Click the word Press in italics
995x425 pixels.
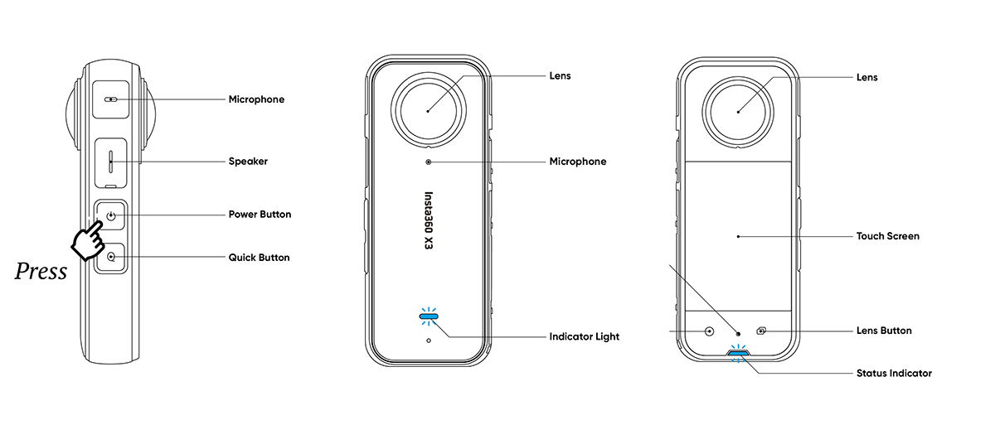pyautogui.click(x=41, y=272)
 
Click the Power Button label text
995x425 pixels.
pyautogui.click(x=260, y=214)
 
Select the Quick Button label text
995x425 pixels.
pyautogui.click(x=259, y=258)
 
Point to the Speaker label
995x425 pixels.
pyautogui.click(x=248, y=162)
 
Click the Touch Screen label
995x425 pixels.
pyautogui.click(x=887, y=236)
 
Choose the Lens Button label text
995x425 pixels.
pyautogui.click(x=883, y=331)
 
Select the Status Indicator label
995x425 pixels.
pyautogui.click(x=893, y=373)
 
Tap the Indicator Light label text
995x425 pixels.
pyautogui.click(x=584, y=337)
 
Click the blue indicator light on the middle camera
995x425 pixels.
pyautogui.click(x=429, y=315)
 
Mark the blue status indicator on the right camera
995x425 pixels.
pyautogui.click(x=737, y=352)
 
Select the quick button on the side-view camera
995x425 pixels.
pyautogui.click(x=111, y=258)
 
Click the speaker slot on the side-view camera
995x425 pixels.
pyautogui.click(x=110, y=161)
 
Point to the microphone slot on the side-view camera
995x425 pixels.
pyautogui.click(x=110, y=99)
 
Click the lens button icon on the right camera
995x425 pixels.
pyautogui.click(x=762, y=331)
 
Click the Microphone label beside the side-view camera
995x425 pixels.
pyautogui.click(x=256, y=99)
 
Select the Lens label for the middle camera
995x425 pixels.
pyautogui.click(x=560, y=76)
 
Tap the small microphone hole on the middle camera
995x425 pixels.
pyautogui.click(x=428, y=162)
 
